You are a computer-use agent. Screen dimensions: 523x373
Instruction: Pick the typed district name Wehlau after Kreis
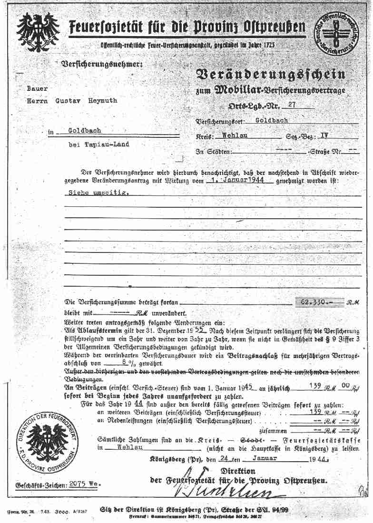(x=236, y=136)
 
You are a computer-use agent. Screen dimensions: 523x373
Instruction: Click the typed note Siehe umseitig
(x=96, y=193)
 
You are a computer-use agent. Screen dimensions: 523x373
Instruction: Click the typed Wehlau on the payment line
(x=120, y=447)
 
